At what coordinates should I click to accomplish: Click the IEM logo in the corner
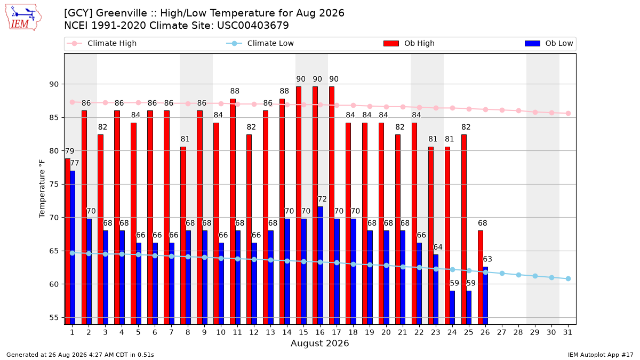(x=23, y=17)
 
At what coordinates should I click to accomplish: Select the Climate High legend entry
(x=101, y=43)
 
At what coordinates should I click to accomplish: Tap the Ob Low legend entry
(x=549, y=43)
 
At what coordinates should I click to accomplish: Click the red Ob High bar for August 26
(x=481, y=277)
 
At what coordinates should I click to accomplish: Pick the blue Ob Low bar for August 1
(x=73, y=247)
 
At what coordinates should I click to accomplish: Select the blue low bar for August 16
(x=321, y=266)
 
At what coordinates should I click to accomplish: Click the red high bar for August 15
(x=299, y=205)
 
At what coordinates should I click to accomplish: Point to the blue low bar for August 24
(x=452, y=307)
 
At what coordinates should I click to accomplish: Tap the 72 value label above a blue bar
(x=322, y=199)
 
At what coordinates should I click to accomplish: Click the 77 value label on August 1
(x=75, y=163)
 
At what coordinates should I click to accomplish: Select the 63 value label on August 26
(x=487, y=259)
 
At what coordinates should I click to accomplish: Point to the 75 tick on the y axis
(x=54, y=185)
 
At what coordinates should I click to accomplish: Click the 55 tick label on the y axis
(x=54, y=318)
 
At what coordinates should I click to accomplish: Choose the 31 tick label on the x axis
(x=567, y=332)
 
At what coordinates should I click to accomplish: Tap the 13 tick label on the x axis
(x=270, y=332)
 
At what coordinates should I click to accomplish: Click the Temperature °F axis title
(x=42, y=189)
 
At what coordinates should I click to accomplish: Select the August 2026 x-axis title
(x=320, y=343)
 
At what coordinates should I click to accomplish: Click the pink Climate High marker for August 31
(x=568, y=114)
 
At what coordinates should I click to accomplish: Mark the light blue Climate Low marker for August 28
(x=518, y=275)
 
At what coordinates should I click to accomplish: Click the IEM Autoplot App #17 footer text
(x=601, y=355)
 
